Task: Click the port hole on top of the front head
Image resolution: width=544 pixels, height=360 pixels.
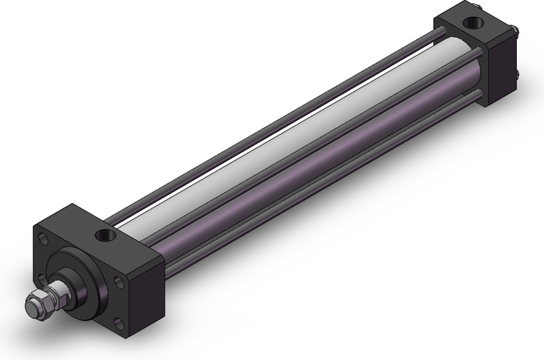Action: click(x=106, y=235)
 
